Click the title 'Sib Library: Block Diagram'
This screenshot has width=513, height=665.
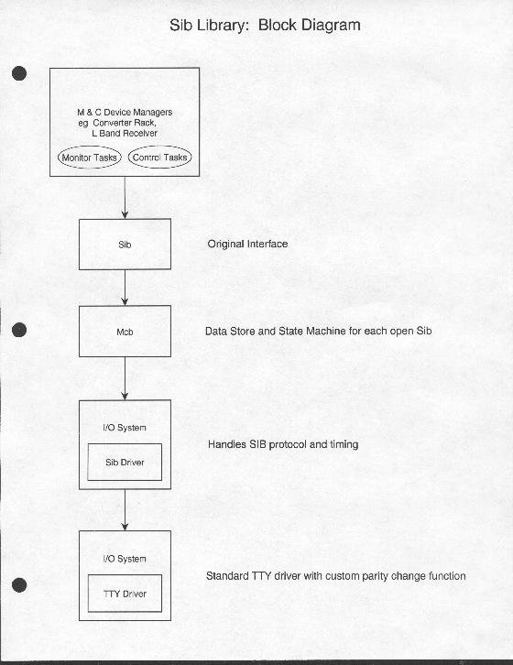[265, 26]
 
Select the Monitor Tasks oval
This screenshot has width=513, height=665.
[90, 147]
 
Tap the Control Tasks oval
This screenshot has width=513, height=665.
[159, 147]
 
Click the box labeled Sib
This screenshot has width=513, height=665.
[125, 219]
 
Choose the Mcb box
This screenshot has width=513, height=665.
[125, 306]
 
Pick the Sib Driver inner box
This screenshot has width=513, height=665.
[125, 444]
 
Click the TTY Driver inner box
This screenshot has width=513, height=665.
[125, 575]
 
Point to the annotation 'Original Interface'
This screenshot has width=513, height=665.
[247, 244]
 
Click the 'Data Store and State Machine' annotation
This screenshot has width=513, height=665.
[318, 331]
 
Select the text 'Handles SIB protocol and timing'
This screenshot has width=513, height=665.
[283, 444]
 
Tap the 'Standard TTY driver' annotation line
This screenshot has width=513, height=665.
[335, 576]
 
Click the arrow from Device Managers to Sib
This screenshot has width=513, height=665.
[125, 198]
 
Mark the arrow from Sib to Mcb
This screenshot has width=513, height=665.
[125, 288]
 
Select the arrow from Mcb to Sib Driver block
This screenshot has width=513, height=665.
[125, 378]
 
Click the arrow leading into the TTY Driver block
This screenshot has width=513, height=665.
[125, 510]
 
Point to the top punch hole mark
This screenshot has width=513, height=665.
[19, 73]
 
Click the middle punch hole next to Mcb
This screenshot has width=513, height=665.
[19, 330]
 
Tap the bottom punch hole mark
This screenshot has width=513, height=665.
[19, 585]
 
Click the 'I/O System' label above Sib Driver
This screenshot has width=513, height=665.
[125, 428]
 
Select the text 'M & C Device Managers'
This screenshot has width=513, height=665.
[125, 113]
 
